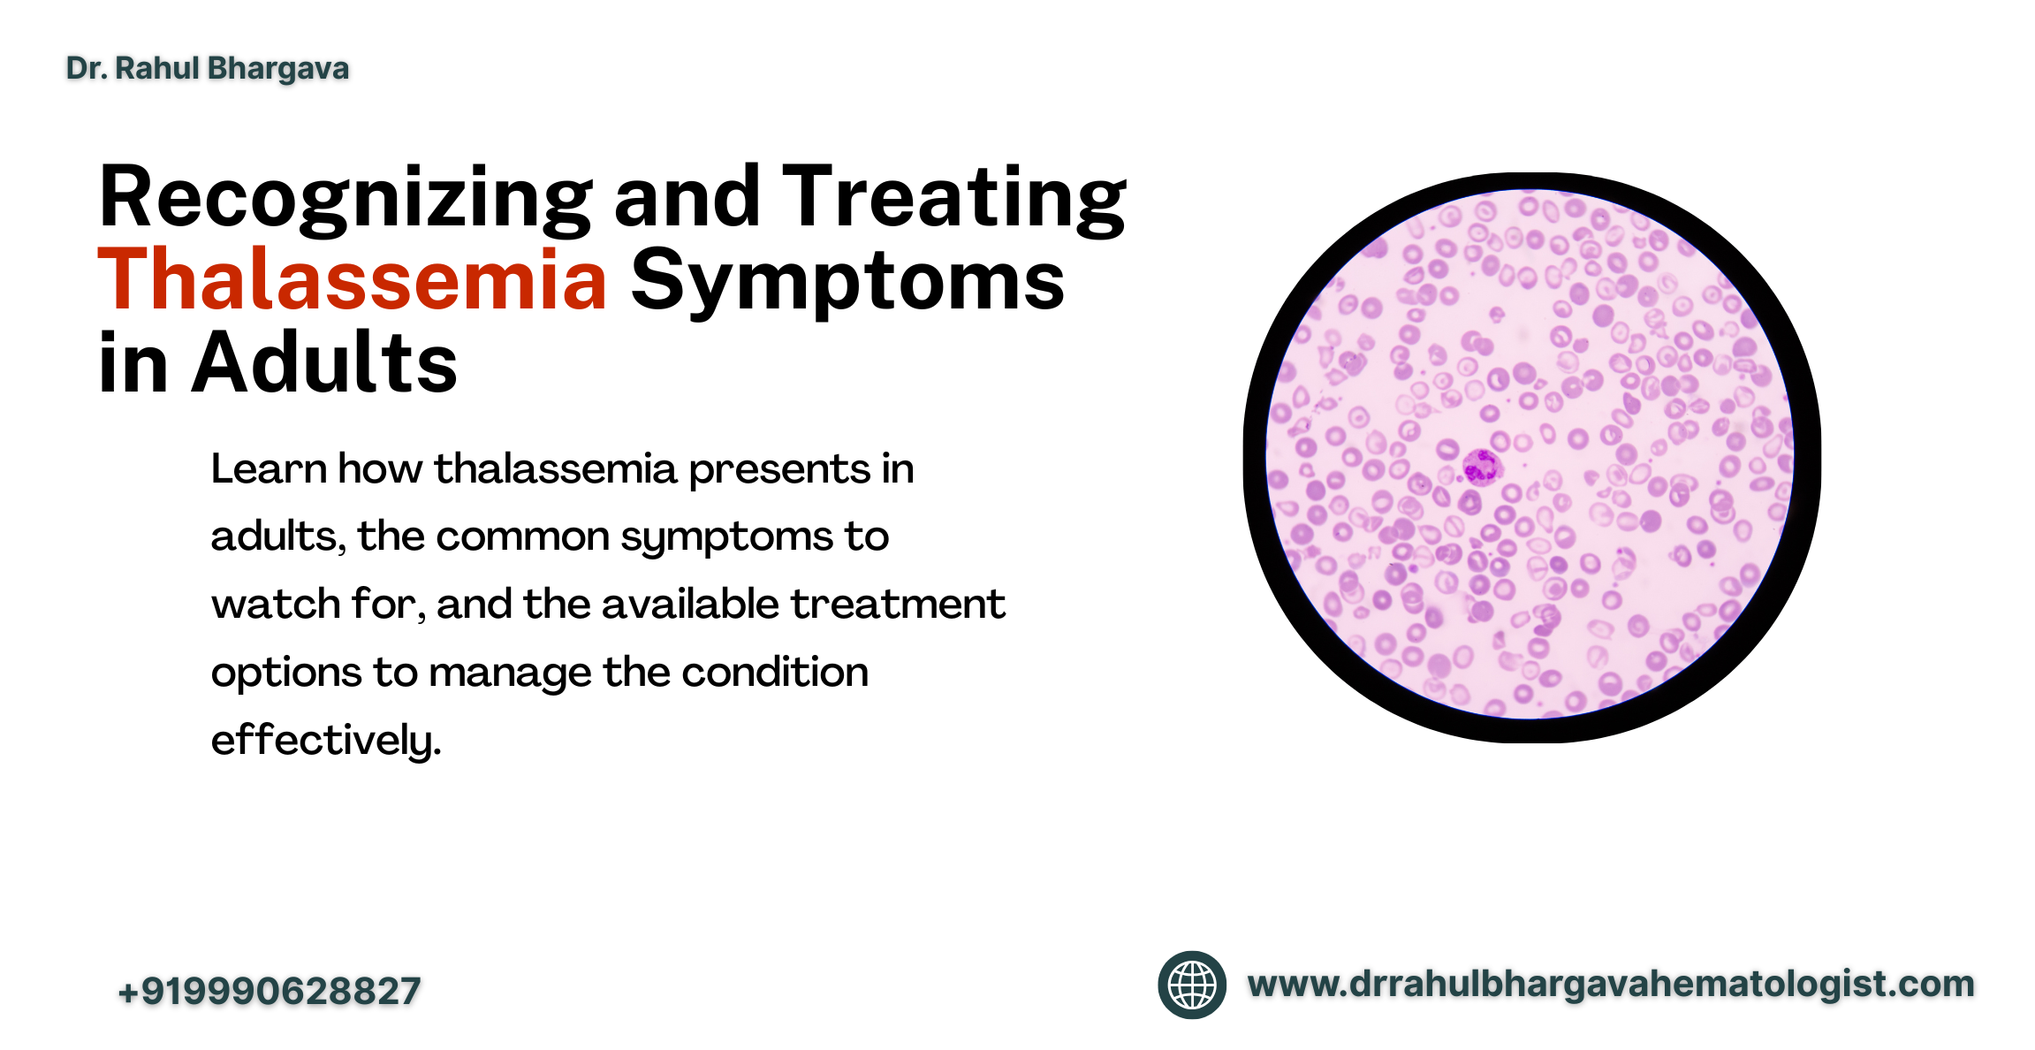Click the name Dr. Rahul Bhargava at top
pyautogui.click(x=208, y=68)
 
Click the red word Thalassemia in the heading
pyautogui.click(x=353, y=280)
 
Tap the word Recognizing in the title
pyautogui.click(x=345, y=200)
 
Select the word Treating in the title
pyautogui.click(x=954, y=200)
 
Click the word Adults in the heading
pyautogui.click(x=324, y=362)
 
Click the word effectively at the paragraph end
pyautogui.click(x=325, y=740)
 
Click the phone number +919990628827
pyautogui.click(x=270, y=991)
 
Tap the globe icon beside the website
pyautogui.click(x=1192, y=985)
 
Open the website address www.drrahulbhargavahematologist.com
pyautogui.click(x=1611, y=985)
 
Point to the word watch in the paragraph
pyautogui.click(x=276, y=605)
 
